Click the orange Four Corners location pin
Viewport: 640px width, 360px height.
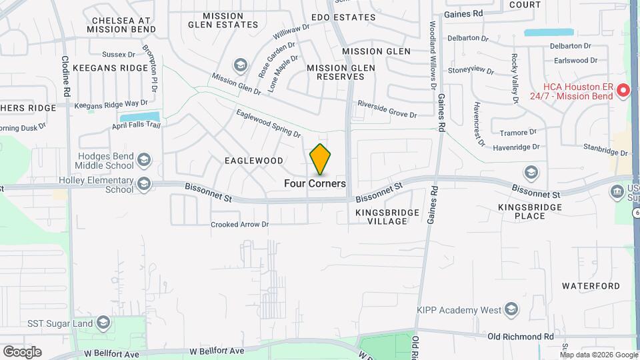click(x=320, y=159)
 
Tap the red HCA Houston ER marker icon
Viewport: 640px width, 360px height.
click(x=623, y=90)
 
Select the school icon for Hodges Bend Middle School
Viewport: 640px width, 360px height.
click(x=144, y=160)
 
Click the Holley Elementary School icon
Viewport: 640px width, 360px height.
click(x=144, y=184)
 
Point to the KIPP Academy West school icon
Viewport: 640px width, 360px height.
click(x=511, y=309)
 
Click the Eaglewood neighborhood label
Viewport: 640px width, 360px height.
click(x=253, y=161)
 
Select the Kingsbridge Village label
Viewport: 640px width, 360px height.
click(x=387, y=217)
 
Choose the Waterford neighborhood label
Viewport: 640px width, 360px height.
click(x=591, y=286)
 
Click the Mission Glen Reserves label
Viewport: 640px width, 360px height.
click(x=336, y=72)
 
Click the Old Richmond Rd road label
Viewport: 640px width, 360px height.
click(x=521, y=337)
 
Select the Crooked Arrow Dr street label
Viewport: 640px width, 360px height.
click(x=239, y=225)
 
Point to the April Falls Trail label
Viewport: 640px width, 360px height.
click(x=136, y=125)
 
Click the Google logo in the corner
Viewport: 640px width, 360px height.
click(x=22, y=351)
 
